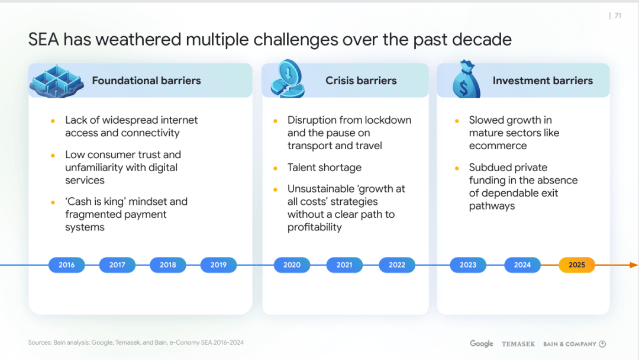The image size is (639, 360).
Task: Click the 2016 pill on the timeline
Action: (66, 265)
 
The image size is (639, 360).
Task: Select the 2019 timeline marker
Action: (218, 265)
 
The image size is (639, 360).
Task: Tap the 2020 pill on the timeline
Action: (292, 265)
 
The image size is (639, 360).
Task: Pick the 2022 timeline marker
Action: (397, 265)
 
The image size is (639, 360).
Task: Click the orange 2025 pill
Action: (577, 265)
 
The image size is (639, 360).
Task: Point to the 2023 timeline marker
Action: (468, 265)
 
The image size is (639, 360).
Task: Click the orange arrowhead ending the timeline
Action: (634, 265)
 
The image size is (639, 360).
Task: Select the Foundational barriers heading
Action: (146, 81)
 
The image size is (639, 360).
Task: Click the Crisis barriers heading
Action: (361, 81)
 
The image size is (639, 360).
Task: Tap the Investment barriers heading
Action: (543, 81)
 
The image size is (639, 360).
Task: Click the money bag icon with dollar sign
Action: (466, 79)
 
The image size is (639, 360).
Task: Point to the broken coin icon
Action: (288, 79)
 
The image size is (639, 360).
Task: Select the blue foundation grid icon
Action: (57, 81)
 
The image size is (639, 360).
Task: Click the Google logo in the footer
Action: (481, 343)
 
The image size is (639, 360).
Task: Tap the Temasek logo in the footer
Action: (518, 344)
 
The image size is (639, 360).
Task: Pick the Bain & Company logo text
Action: (570, 344)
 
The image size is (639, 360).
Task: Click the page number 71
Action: (618, 15)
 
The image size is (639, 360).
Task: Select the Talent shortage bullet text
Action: (324, 168)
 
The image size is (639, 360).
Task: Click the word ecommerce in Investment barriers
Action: (498, 146)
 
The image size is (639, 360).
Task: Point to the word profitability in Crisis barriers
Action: (315, 227)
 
